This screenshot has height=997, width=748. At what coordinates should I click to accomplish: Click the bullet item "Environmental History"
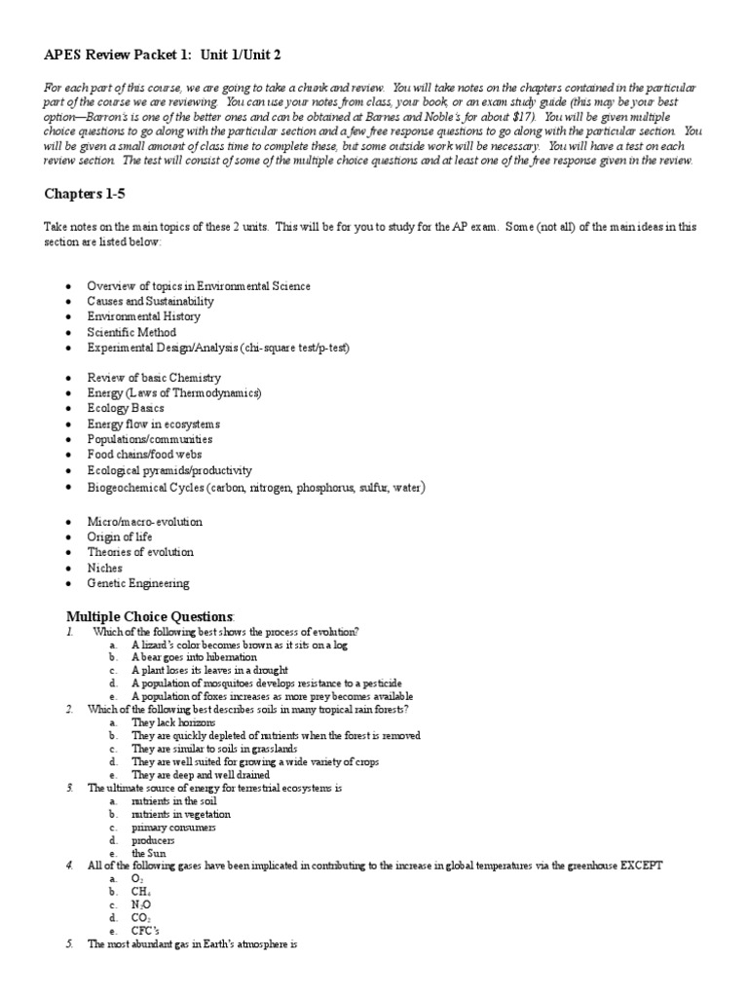pyautogui.click(x=143, y=316)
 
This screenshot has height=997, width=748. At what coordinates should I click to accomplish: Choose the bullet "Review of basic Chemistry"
pyautogui.click(x=154, y=377)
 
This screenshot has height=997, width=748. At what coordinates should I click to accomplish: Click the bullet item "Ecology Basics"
pyautogui.click(x=126, y=408)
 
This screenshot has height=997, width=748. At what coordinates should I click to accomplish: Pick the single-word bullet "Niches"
pyautogui.click(x=103, y=568)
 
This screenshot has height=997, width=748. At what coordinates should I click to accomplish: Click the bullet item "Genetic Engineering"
pyautogui.click(x=138, y=583)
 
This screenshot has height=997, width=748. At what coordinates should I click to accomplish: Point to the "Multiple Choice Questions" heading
pyautogui.click(x=149, y=616)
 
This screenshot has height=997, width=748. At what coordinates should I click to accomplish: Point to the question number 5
pyautogui.click(x=70, y=943)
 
